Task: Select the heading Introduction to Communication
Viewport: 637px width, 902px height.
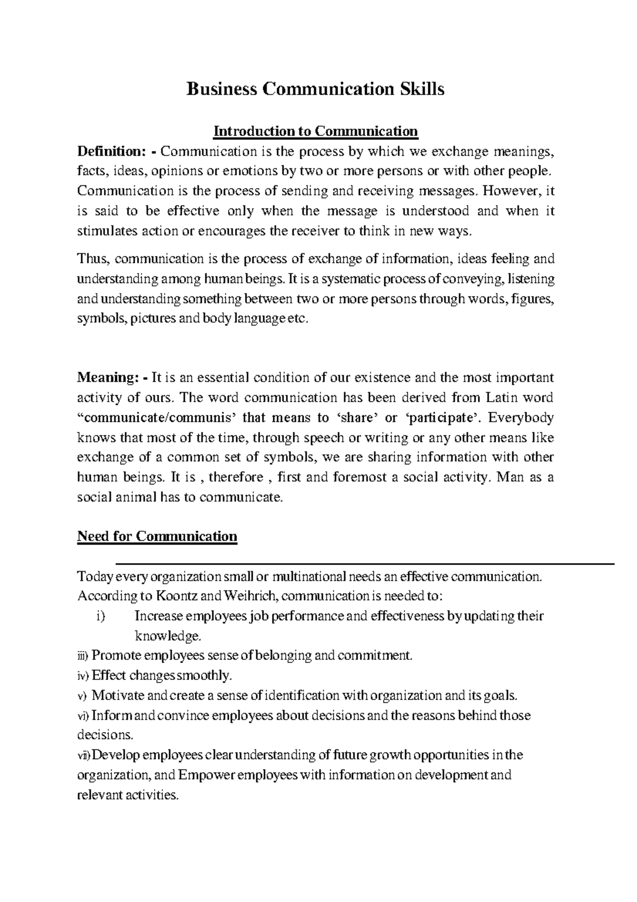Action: (315, 131)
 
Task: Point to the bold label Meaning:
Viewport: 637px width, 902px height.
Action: (108, 378)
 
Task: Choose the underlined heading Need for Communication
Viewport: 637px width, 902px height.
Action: (157, 536)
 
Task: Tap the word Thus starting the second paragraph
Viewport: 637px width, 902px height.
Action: (93, 259)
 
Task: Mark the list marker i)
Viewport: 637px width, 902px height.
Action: (101, 616)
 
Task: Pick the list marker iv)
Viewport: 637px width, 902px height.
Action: (83, 676)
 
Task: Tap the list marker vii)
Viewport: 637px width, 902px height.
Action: (84, 755)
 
